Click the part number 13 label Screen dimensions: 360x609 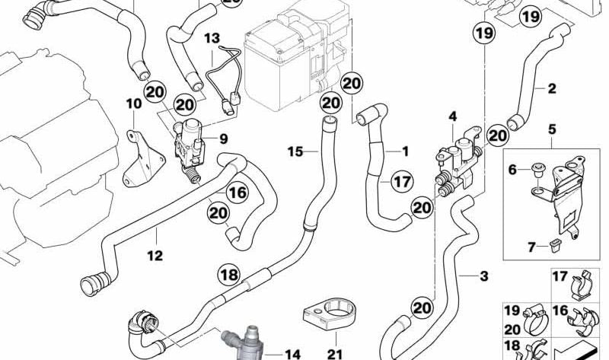211,37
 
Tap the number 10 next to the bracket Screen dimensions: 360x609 133,103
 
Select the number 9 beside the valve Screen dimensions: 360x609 224,138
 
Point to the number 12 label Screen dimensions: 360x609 155,256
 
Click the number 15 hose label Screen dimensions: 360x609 295,151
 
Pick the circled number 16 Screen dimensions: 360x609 238,193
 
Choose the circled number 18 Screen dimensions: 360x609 228,273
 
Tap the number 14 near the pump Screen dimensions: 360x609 292,354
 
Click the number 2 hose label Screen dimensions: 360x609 552,89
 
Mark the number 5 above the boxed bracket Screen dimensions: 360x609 553,129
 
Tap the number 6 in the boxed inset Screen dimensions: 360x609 512,169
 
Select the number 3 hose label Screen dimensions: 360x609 483,276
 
